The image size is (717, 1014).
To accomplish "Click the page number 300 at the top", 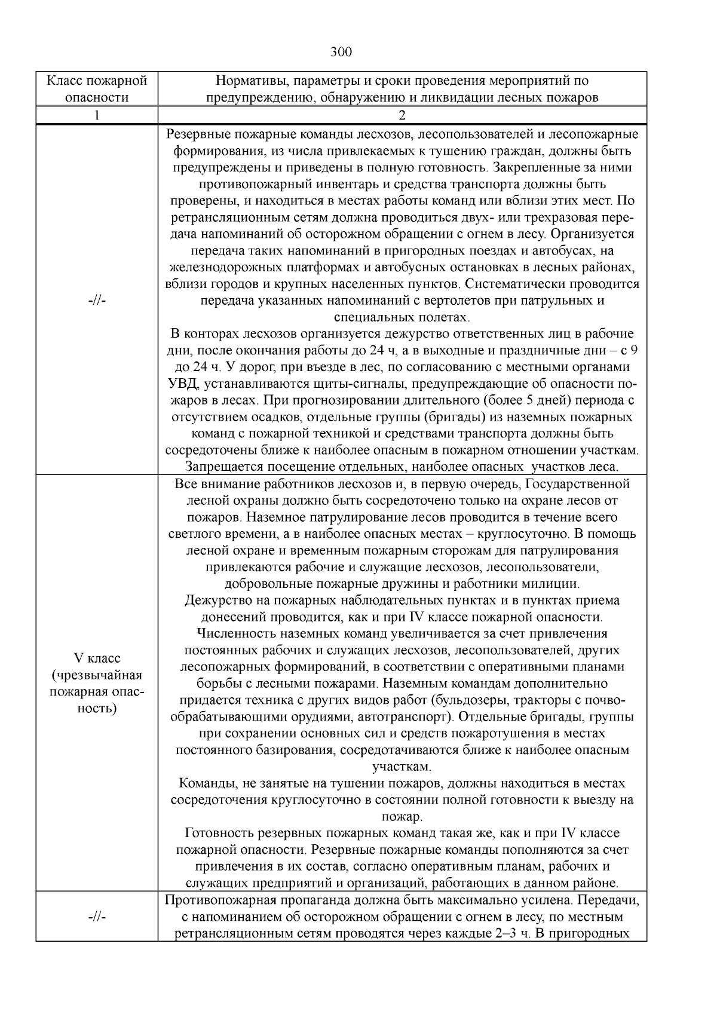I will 341,52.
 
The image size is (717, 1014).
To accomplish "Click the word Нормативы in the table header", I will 245,81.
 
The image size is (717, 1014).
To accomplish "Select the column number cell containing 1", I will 97,115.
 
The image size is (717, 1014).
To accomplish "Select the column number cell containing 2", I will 402,115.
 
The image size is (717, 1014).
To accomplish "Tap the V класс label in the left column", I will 97,658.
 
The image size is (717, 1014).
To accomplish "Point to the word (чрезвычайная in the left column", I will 97,675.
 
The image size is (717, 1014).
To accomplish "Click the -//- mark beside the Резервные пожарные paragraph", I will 97,301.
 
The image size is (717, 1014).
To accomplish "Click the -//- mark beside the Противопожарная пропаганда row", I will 97,917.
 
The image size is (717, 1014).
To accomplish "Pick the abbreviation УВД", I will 180,384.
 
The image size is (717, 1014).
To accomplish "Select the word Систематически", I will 514,284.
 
